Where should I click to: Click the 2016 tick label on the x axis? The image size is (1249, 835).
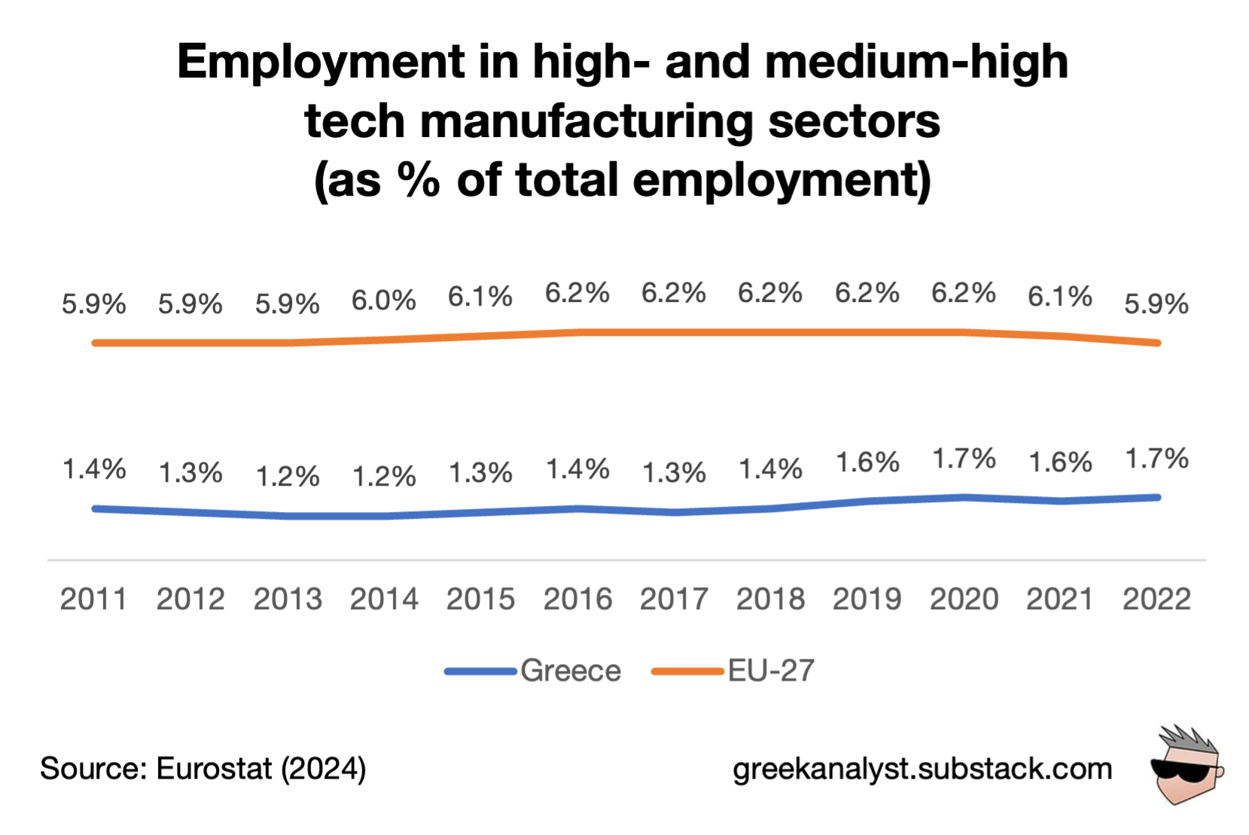coord(577,599)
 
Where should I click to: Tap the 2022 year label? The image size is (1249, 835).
coord(1156,599)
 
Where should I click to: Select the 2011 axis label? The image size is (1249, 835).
coord(93,599)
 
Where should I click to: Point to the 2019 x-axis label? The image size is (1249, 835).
coord(867,599)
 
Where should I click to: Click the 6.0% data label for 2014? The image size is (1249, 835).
coord(383,300)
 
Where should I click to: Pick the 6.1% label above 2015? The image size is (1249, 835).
coord(480,297)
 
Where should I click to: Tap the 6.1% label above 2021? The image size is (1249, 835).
coord(1059,297)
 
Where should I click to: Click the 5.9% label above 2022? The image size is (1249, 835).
coord(1156,304)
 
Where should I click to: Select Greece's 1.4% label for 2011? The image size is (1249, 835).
coord(93,469)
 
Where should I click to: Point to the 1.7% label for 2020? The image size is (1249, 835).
coord(964,458)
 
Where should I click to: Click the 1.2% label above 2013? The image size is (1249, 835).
coord(287,476)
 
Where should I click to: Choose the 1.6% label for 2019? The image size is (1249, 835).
coord(867,462)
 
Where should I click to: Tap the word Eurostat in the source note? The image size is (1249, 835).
coord(214,769)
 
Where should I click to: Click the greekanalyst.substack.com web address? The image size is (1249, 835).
coord(922,769)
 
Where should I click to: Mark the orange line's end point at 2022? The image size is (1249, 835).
coord(1156,343)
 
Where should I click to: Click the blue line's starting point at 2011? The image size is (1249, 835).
coord(95,509)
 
